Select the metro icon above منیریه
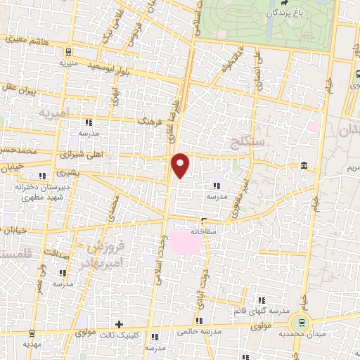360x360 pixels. (67, 51)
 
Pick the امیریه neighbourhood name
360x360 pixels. (56, 113)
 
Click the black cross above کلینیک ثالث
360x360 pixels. (118, 323)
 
